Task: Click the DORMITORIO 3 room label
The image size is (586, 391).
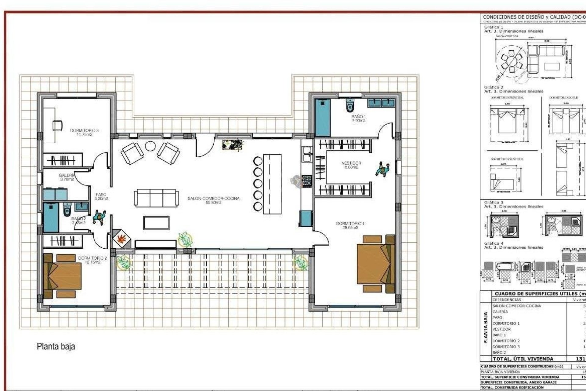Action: coord(84,130)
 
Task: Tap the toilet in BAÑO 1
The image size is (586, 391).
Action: coord(350,106)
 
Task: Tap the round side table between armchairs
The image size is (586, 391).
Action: coord(150,146)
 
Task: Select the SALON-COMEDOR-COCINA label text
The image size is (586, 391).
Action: coord(213,199)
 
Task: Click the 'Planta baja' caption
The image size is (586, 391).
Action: coord(56,346)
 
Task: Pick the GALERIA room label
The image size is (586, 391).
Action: coord(67,175)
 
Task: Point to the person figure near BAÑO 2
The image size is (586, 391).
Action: coord(99,217)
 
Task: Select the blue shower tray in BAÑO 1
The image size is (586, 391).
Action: coord(323,118)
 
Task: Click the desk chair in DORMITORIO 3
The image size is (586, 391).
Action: coord(57,125)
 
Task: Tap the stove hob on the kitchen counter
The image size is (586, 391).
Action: coord(307,181)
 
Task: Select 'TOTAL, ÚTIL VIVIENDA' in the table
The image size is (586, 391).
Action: coord(523,359)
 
